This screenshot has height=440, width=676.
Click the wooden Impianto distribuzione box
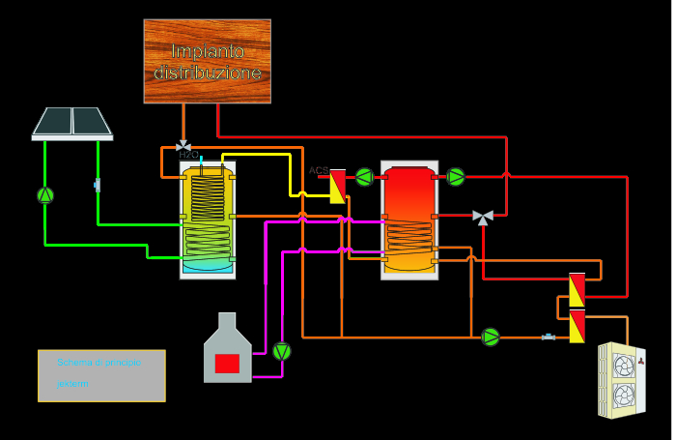(207, 61)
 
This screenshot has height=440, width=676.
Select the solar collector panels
(72, 123)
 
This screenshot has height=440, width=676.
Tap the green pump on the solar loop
(45, 194)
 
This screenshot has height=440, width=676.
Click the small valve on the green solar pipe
(98, 184)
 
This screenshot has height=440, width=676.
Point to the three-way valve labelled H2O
(183, 146)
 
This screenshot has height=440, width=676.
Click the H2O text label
(188, 155)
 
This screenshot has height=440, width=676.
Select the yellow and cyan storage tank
(208, 219)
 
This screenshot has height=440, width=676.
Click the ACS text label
(318, 170)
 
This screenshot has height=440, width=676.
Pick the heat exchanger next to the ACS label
(338, 186)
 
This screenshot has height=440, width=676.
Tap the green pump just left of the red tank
(364, 177)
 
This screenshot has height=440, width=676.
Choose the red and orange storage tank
(409, 220)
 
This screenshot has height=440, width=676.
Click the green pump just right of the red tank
(456, 177)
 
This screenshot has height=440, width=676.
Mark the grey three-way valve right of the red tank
(482, 218)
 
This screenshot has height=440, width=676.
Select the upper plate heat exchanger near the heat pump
(577, 290)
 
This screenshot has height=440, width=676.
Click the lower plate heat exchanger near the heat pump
(577, 327)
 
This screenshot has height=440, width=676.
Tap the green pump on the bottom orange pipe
(491, 337)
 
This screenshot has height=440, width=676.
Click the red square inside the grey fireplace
(227, 364)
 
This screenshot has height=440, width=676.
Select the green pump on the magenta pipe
(281, 351)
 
